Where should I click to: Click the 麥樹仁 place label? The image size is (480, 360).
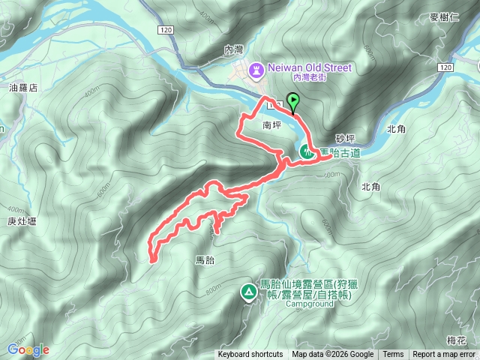(x=444, y=17)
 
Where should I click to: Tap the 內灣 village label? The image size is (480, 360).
(x=235, y=49)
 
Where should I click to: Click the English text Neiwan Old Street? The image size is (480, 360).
(x=309, y=67)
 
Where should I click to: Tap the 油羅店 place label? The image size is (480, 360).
(x=23, y=87)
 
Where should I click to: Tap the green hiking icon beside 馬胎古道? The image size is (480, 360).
(x=307, y=151)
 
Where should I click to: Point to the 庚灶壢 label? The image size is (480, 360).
(x=22, y=221)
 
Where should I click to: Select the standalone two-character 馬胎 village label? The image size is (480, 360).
(x=205, y=260)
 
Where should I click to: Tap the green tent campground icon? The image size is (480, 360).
(x=247, y=292)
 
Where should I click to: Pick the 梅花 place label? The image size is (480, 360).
(x=456, y=340)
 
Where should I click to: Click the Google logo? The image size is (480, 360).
(x=28, y=349)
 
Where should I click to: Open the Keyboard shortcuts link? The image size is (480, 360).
(x=250, y=355)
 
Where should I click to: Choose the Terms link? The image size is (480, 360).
(x=393, y=355)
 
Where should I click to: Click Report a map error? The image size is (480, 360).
(x=445, y=355)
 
